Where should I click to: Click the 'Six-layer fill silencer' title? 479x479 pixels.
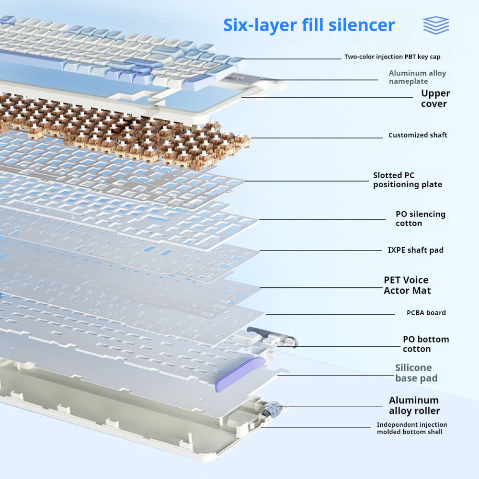tap(309, 25)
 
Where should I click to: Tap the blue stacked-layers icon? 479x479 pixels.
tap(436, 25)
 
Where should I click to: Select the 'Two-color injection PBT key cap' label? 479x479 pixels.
tap(392, 57)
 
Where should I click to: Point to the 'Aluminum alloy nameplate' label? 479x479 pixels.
tap(417, 77)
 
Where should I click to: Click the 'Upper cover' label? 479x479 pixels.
tap(435, 98)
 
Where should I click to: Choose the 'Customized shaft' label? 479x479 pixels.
tap(418, 135)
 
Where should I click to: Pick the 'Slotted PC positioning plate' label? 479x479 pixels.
tap(407, 180)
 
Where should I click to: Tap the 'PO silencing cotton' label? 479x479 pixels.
tap(420, 218)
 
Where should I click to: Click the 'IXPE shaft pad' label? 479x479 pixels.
tap(415, 250)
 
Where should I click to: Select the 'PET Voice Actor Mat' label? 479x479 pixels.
tap(407, 285)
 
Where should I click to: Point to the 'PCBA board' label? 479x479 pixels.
tap(426, 313)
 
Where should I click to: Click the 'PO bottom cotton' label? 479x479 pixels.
tap(425, 344)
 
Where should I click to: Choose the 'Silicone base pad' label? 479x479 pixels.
tap(416, 373)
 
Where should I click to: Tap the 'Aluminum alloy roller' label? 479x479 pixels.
tap(414, 405)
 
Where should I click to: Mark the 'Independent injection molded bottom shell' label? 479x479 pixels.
tap(412, 428)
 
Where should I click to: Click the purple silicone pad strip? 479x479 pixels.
tap(239, 374)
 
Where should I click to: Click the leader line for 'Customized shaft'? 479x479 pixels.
tap(316, 138)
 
